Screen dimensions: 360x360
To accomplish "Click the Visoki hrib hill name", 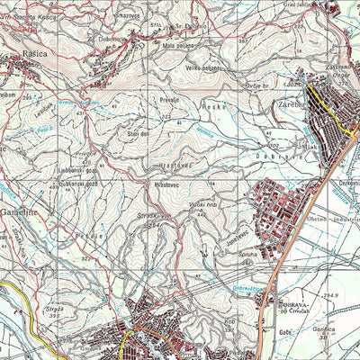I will click(206, 205).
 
